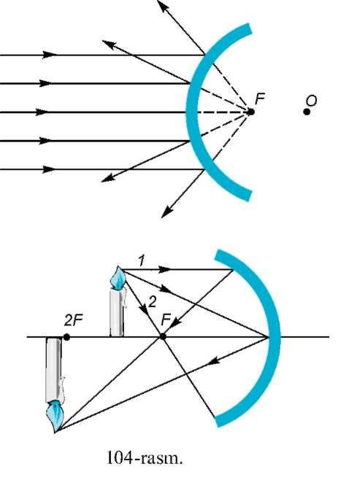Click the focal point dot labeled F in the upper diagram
pos(250,112)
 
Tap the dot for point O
pos(307,112)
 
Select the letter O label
pos(312,101)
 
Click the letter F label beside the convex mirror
pos(260,99)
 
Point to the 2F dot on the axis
pos(66,337)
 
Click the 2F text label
pos(74,321)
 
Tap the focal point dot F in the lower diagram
pos(163,337)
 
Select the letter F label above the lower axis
pos(166,320)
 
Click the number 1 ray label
pos(141,261)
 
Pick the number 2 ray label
pos(153,303)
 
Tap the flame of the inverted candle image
pos(55,417)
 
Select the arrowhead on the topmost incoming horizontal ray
pos(50,55)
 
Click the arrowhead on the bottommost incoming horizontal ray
pos(49,169)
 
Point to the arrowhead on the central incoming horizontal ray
pos(42,112)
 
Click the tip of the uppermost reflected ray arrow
pos(158,1)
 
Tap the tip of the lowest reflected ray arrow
pos(161,217)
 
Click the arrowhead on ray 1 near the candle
pos(165,270)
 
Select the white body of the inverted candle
pos(54,370)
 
